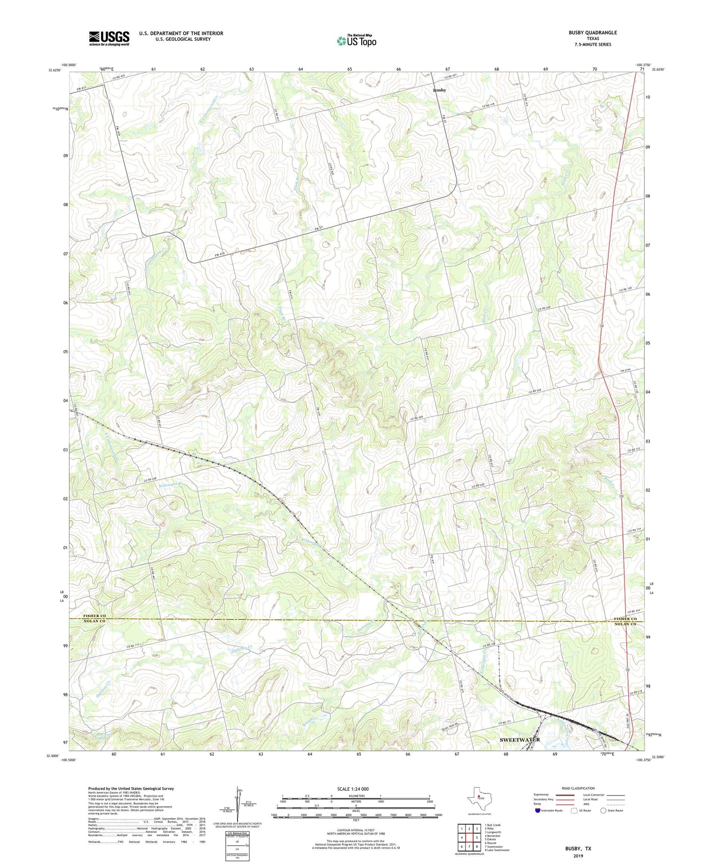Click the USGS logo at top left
pos(109,38)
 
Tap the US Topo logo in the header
pos(356,41)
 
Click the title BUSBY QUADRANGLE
pos(592,33)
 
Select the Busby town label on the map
pos(439,90)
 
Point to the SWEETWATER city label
pos(520,740)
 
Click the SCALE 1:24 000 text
pos(353,789)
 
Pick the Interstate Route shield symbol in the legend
pos(538,810)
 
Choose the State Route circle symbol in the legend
pos(603,810)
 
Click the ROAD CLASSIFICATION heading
pos(578,788)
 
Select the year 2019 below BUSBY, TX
pos(578,856)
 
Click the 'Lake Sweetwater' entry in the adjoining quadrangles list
pos(497,850)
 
